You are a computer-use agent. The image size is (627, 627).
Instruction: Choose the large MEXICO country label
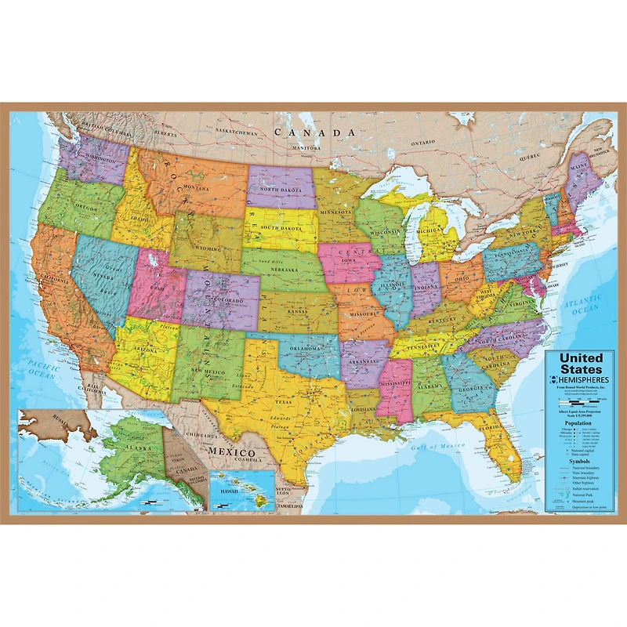click(x=231, y=453)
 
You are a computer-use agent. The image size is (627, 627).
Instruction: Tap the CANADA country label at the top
click(x=309, y=132)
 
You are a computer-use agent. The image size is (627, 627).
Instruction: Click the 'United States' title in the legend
click(x=581, y=363)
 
